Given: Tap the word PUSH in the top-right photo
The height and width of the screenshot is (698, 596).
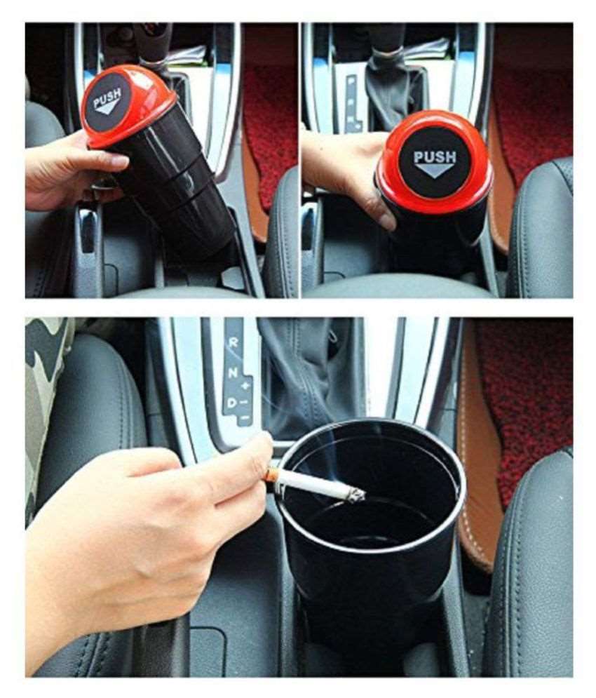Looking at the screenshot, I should coord(434,156).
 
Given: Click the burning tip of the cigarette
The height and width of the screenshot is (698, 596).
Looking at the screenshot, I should coord(358,495).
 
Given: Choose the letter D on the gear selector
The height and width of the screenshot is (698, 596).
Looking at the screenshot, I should coord(230,402).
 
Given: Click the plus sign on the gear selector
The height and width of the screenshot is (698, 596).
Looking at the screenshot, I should coord(245,386).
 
